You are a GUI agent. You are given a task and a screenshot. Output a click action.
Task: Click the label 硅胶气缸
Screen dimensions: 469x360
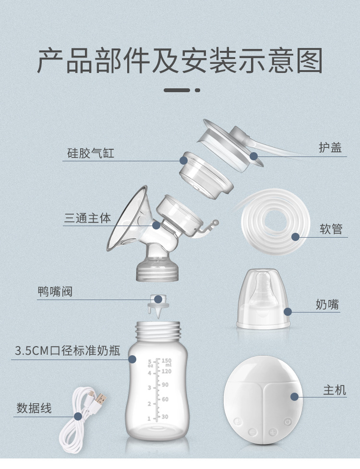coord(90,154)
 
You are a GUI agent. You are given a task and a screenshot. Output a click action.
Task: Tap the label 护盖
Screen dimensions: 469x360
coord(330,147)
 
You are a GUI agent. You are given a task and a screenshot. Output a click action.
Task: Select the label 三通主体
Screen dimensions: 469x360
coord(87,218)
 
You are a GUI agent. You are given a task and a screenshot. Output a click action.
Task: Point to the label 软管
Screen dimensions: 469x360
coord(331,229)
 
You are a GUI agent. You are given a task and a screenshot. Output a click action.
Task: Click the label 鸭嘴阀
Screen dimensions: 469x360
coord(55,291)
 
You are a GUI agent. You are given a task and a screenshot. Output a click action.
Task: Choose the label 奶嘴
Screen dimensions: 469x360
coord(327,304)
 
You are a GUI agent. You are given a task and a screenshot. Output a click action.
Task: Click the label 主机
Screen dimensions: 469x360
coord(335,390)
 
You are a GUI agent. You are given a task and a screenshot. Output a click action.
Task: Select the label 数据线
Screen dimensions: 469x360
coord(34,409)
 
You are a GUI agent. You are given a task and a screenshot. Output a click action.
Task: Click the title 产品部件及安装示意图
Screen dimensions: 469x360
coord(180,61)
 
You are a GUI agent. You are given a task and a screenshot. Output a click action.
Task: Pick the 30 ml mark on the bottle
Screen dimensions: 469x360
coord(165,417)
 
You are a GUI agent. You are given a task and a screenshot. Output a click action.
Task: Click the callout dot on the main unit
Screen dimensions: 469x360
coord(294,397)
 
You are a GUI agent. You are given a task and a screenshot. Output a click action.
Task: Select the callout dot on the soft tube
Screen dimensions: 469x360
coord(295,237)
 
